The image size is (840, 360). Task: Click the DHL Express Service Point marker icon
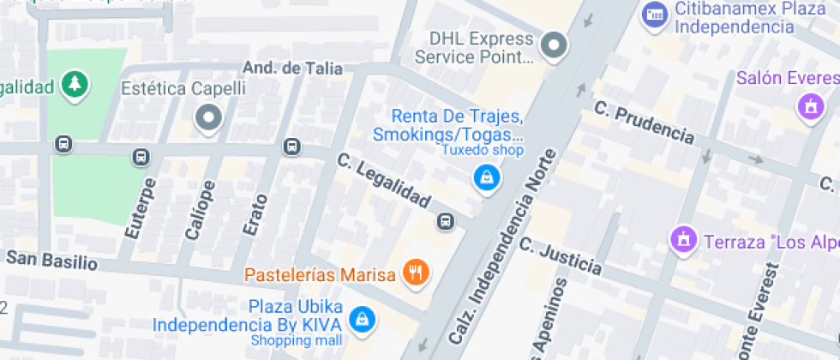click(555, 45)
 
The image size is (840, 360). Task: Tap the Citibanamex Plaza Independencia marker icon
click(655, 15)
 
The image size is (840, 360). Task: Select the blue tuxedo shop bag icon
click(486, 177)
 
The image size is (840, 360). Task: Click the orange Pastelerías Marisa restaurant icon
click(417, 273)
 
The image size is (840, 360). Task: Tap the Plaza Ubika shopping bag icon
click(363, 319)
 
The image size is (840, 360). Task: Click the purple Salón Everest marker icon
click(807, 107)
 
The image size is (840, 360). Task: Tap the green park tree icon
click(75, 84)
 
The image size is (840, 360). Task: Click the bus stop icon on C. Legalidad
click(446, 222)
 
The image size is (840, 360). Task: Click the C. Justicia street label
click(561, 255)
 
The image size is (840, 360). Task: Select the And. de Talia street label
click(292, 68)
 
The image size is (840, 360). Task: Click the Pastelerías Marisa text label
click(320, 275)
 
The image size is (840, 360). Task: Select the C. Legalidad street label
click(383, 180)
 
